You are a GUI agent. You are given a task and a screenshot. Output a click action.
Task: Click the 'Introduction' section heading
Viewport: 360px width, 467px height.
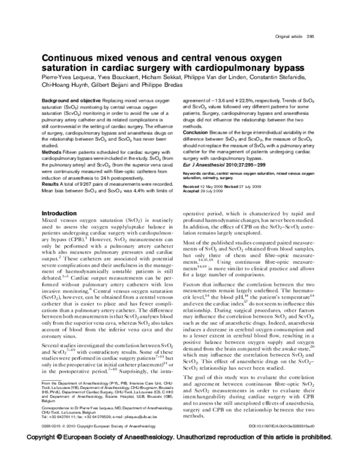[x=58, y=213]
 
